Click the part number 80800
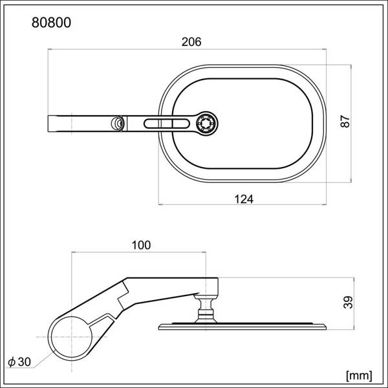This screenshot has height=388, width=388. pos(51,23)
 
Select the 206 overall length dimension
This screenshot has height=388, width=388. pos(191,42)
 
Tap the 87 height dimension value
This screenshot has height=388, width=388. pos(345,122)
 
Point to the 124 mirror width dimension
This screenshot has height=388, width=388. pos(244,199)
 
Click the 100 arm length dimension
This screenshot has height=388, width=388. pos(141,245)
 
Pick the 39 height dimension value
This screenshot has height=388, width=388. pos(348,302)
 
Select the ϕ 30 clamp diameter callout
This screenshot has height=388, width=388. pos(19,361)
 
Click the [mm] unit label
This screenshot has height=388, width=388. pos(359,376)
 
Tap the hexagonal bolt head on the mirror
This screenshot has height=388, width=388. pos(207,124)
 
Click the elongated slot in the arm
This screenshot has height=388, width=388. pos(167,124)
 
